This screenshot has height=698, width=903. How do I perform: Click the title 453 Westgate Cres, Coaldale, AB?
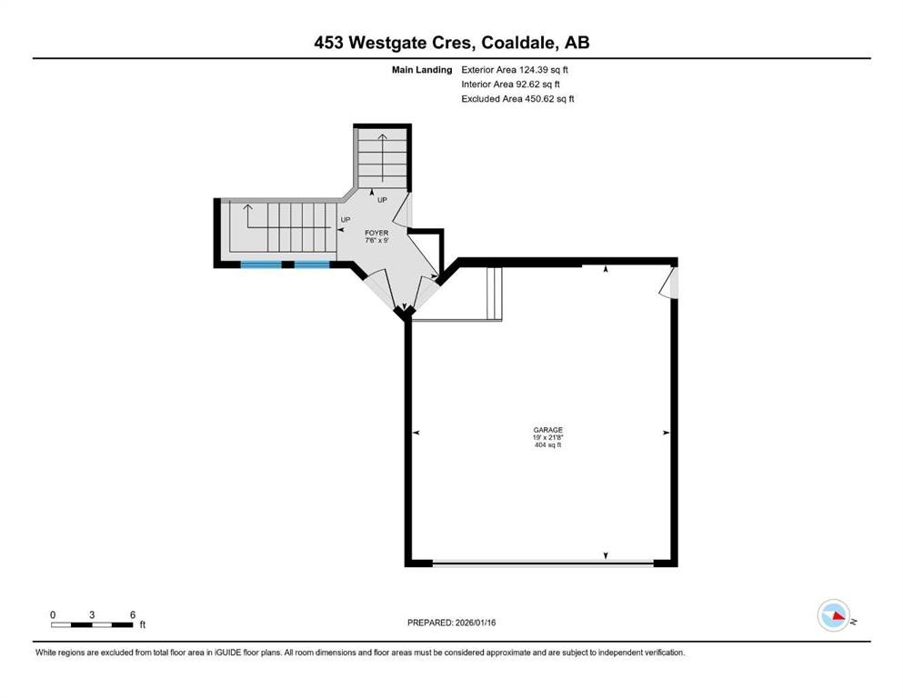click(451, 43)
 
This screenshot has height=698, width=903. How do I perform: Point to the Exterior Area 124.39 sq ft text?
click(517, 69)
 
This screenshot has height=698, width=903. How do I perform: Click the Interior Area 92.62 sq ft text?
click(511, 84)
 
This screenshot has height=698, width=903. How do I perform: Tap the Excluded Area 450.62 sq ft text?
click(517, 98)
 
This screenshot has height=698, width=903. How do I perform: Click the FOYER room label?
click(376, 234)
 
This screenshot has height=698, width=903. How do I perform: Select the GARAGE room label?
click(547, 430)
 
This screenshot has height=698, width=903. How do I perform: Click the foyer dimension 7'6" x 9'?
click(376, 242)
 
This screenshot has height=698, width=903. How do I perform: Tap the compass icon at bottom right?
click(833, 615)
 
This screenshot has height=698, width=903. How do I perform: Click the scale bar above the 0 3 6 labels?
click(92, 624)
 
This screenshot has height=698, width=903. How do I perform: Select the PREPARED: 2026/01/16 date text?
click(451, 623)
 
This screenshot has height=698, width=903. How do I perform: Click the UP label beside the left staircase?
click(346, 220)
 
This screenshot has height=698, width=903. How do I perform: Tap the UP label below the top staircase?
click(382, 200)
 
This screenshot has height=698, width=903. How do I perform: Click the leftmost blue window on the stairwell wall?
click(261, 264)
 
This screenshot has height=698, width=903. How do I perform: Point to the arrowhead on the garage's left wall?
click(416, 433)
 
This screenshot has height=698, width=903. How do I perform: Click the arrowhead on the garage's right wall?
click(666, 433)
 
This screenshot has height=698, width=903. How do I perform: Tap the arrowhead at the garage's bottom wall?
click(607, 555)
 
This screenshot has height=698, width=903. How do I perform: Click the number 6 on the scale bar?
click(133, 614)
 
